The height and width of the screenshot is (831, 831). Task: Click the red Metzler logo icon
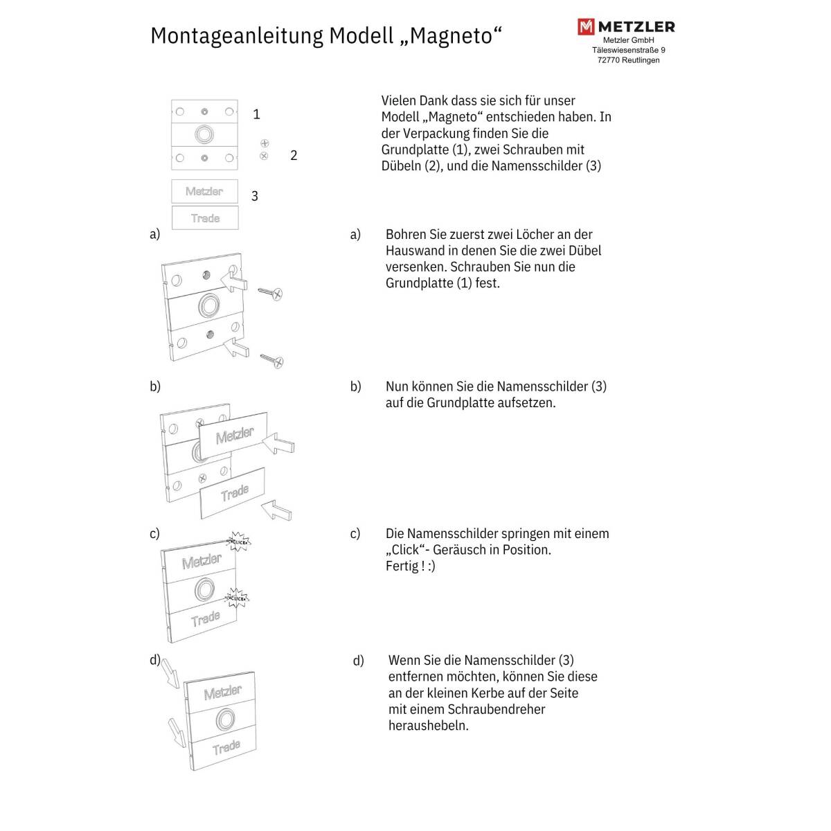point(586,27)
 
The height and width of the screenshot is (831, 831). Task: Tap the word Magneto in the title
point(450,35)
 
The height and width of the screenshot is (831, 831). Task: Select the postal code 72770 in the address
point(609,60)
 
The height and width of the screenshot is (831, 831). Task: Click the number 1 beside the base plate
point(256,114)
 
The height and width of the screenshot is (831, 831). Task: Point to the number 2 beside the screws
point(294,156)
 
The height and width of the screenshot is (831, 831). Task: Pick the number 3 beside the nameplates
point(255,196)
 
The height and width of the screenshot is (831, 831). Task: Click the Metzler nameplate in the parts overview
point(204,191)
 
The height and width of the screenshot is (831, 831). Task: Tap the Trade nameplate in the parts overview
point(205,218)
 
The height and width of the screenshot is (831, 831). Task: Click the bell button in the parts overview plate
point(204,134)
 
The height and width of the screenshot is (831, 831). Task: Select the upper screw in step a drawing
point(270,293)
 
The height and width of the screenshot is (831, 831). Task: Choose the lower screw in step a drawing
point(271,359)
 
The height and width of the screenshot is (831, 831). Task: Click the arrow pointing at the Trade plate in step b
point(277,511)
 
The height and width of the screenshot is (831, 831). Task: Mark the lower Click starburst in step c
point(236,597)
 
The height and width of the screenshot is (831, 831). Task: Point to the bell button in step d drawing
point(223,719)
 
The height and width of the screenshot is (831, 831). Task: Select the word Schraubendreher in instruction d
point(497,710)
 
